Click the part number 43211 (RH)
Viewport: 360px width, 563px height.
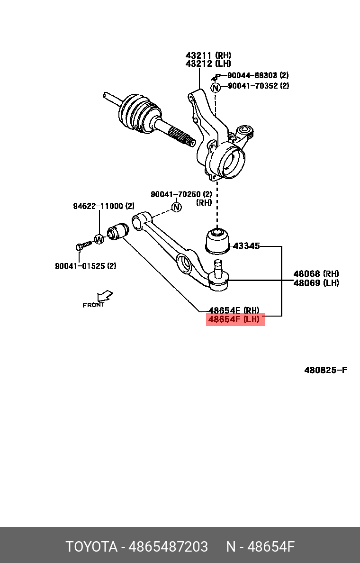pyautogui.click(x=208, y=55)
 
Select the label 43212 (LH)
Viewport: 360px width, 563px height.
pyautogui.click(x=208, y=64)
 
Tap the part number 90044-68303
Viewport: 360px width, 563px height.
pyautogui.click(x=252, y=75)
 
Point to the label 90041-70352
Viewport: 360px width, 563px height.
pyautogui.click(x=252, y=85)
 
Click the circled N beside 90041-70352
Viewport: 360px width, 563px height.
pyautogui.click(x=215, y=87)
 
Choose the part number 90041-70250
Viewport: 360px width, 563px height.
pyautogui.click(x=176, y=194)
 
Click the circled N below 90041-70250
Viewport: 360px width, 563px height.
pyautogui.click(x=176, y=207)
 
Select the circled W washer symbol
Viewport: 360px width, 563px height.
pyautogui.click(x=99, y=238)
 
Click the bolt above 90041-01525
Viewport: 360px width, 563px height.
pyautogui.click(x=84, y=245)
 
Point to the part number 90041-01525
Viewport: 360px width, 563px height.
pyautogui.click(x=80, y=266)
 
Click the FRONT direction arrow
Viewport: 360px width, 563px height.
pyautogui.click(x=105, y=296)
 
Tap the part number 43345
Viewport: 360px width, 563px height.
pyautogui.click(x=246, y=246)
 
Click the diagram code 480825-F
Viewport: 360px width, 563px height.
pyautogui.click(x=325, y=370)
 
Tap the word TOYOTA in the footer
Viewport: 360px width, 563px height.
pyautogui.click(x=91, y=547)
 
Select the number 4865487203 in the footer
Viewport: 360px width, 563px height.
pyautogui.click(x=168, y=547)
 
